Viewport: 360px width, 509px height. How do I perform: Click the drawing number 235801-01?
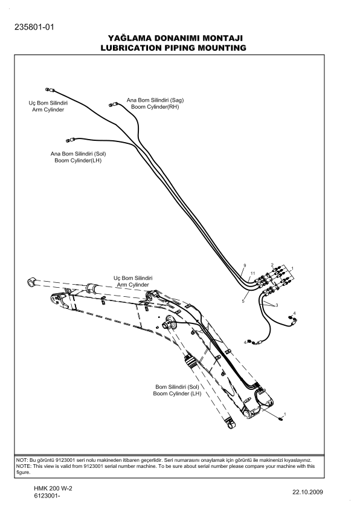coord(34,27)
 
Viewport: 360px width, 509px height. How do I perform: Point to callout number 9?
coord(245,266)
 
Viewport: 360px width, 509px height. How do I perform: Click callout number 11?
coord(254,274)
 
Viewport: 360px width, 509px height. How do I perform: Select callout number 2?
coord(273,265)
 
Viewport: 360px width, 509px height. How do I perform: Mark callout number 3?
coord(277,305)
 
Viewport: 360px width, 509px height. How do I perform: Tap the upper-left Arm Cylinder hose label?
coord(48,110)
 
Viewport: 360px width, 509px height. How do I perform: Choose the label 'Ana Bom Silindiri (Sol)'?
coord(79,154)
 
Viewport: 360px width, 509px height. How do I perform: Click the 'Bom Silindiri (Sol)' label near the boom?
coord(177,386)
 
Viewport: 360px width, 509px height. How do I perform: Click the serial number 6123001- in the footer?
coord(51,496)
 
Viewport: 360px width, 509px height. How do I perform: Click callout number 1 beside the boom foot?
coord(285,413)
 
